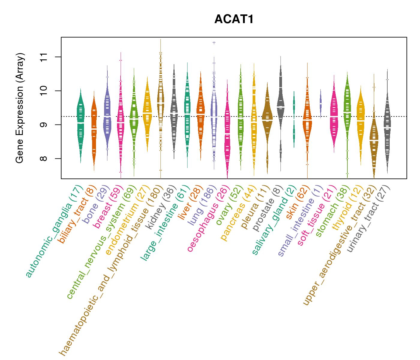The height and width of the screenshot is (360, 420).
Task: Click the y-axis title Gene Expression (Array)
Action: point(20,108)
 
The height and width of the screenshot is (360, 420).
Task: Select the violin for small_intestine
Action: point(321,103)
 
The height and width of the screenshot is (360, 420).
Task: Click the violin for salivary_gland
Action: point(294,120)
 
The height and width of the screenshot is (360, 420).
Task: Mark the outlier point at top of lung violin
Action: point(214,43)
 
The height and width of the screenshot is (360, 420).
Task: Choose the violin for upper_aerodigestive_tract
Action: point(374,141)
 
